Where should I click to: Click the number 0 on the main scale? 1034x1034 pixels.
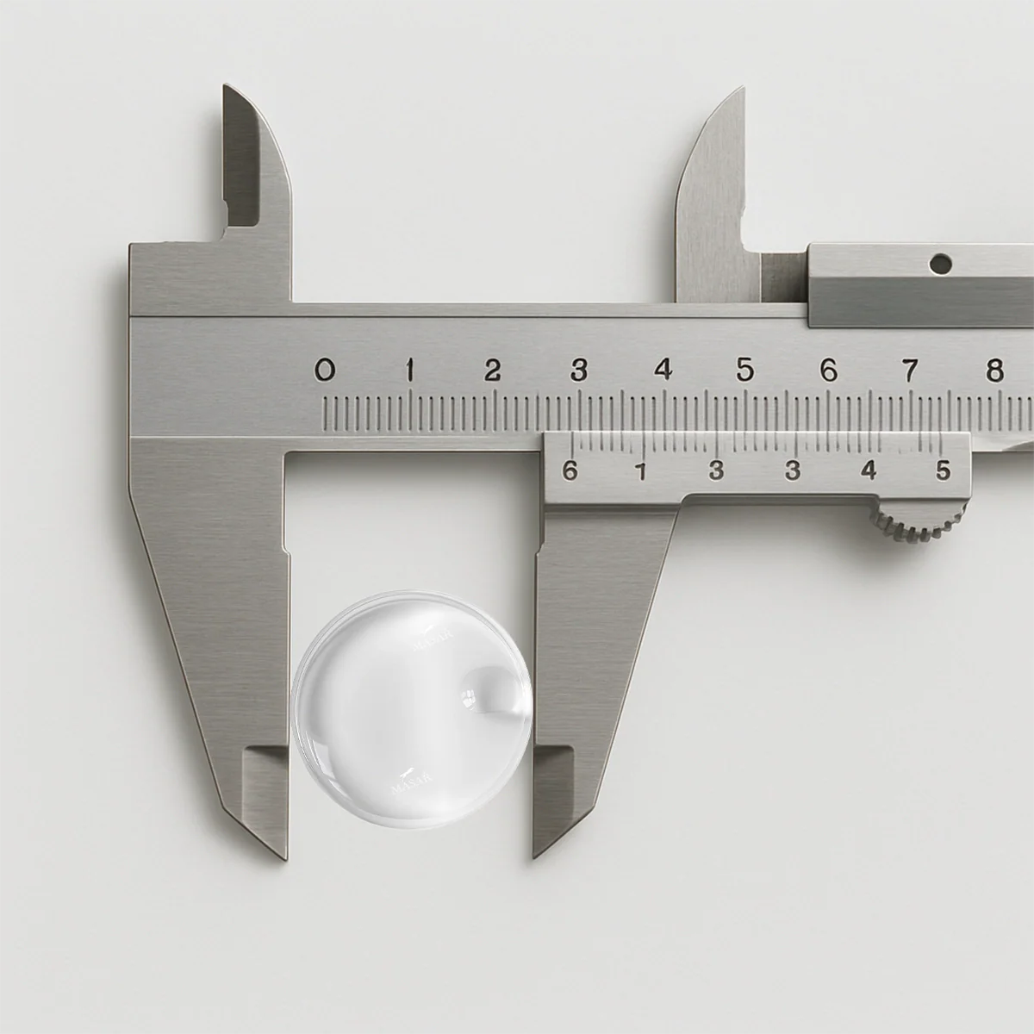pos(324,371)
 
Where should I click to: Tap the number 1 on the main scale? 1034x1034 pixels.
pos(411,371)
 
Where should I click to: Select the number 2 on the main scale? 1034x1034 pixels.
pos(493,371)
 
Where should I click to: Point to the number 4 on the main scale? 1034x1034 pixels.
pos(663,371)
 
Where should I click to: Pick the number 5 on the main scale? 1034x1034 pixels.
pos(745,371)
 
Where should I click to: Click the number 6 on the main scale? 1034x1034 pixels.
pos(828,371)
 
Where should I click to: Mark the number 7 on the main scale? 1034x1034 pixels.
pos(909,371)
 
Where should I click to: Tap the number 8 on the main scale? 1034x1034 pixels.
pos(995,371)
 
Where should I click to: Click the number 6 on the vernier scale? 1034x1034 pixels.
pos(569,470)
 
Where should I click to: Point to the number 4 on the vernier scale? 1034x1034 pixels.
pos(869,470)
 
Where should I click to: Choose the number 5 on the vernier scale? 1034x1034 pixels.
pos(944,470)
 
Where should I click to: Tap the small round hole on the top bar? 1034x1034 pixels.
pos(941,259)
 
